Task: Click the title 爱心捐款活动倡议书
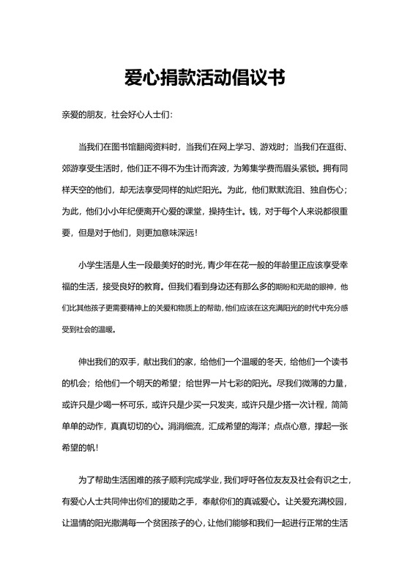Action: pos(204,78)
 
